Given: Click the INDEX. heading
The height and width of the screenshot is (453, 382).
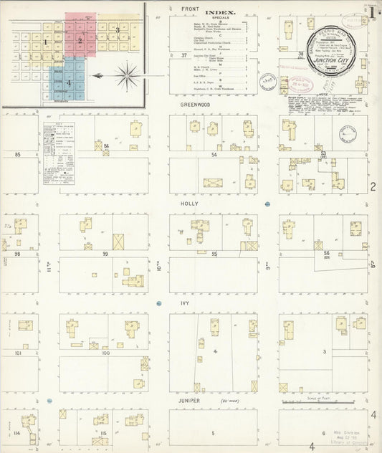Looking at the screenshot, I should click(219, 13).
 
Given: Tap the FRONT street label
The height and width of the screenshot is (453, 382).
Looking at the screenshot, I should click(189, 9).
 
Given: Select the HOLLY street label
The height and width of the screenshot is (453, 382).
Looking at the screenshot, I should click(189, 204).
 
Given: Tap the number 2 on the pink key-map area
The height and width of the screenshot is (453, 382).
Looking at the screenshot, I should click(80, 42).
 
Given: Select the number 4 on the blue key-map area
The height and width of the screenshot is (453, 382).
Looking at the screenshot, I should click(69, 82).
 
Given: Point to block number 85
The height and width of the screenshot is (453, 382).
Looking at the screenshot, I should click(16, 154).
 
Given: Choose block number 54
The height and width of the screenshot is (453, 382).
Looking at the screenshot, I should click(214, 154).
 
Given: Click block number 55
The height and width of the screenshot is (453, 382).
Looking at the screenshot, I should click(214, 254).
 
